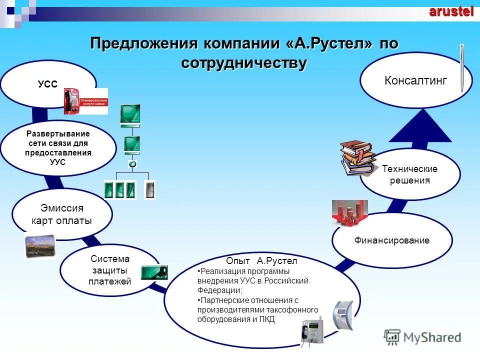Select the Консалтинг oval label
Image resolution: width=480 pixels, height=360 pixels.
[x=415, y=80]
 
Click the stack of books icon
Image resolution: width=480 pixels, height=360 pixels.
[x=357, y=158]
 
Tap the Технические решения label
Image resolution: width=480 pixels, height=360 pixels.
[x=409, y=174]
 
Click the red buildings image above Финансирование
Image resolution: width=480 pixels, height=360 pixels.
[x=349, y=212]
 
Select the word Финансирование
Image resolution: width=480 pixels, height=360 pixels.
[x=392, y=240]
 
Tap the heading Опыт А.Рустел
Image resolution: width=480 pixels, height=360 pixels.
[x=261, y=261]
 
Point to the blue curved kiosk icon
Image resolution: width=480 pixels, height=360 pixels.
[x=343, y=315]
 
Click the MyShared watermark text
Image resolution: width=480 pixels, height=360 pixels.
[x=432, y=337]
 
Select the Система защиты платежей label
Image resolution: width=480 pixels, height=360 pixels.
[x=110, y=270]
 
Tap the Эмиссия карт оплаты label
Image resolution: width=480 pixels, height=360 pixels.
[x=61, y=214]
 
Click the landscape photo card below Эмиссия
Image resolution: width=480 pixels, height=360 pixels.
[x=40, y=246]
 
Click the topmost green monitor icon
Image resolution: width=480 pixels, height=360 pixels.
[x=130, y=115]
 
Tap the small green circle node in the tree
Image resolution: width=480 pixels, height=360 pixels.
[x=132, y=163]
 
